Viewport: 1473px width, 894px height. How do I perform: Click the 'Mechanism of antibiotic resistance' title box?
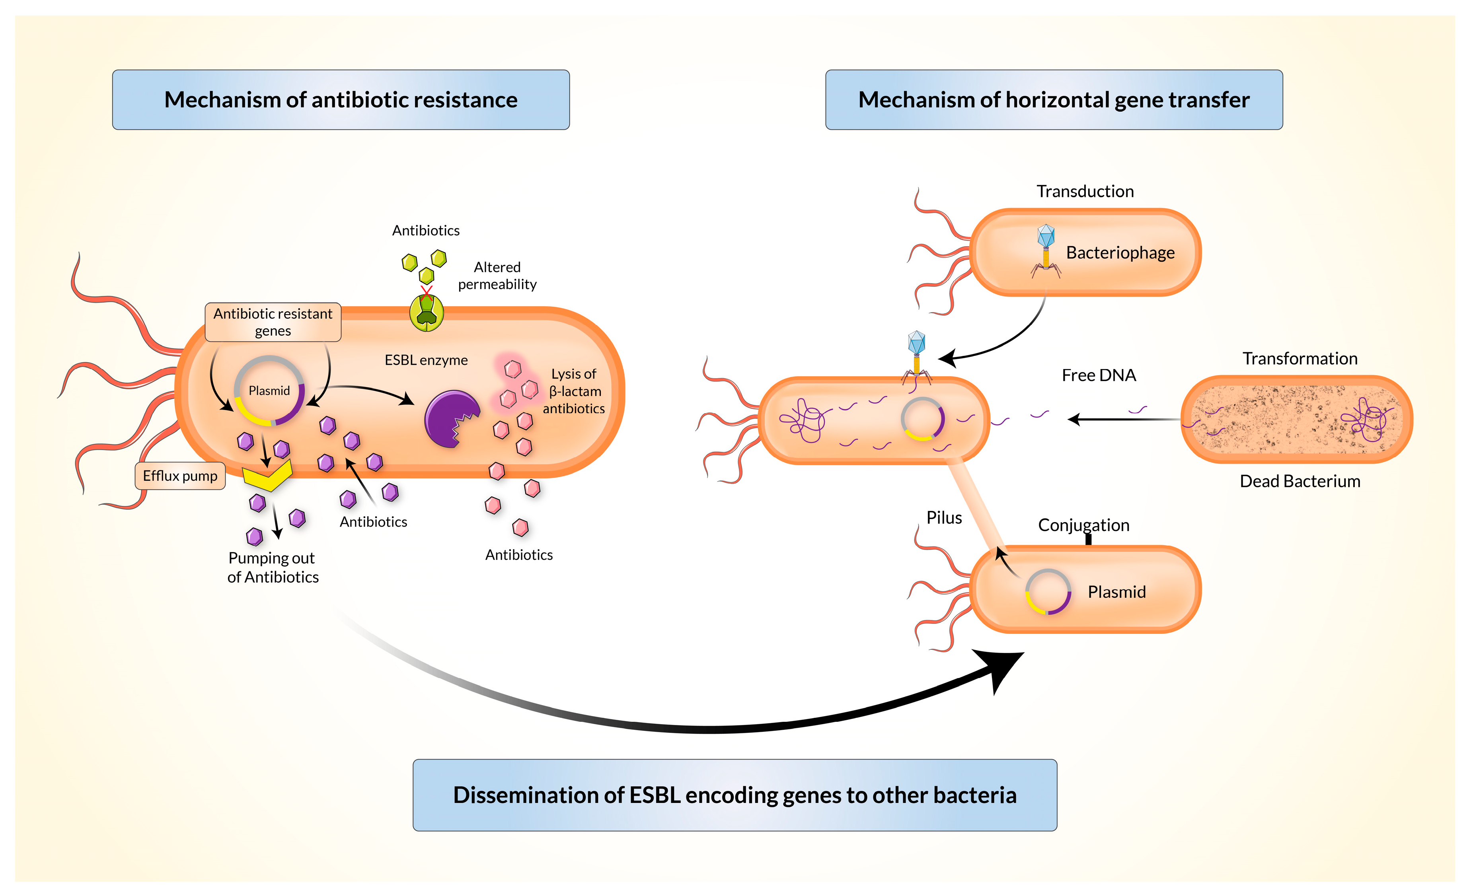(x=341, y=100)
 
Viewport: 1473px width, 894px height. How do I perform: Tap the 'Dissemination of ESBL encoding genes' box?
(x=734, y=795)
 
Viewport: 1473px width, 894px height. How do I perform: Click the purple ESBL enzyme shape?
(x=450, y=418)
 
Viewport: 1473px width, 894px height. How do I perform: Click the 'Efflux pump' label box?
(x=180, y=476)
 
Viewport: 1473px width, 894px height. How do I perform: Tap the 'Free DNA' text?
(x=1098, y=375)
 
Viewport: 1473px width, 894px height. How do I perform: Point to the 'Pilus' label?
(x=944, y=517)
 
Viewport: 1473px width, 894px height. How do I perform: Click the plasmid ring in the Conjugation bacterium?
(x=1048, y=592)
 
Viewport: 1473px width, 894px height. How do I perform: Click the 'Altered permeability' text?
(x=497, y=276)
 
